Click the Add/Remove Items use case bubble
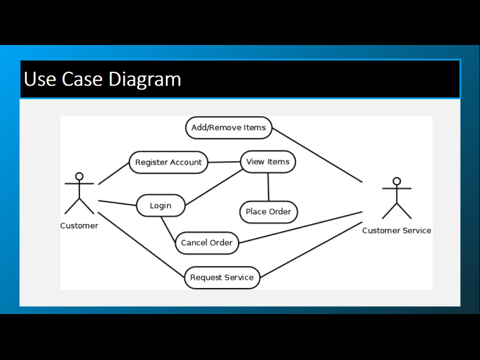tap(229, 127)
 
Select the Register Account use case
tap(168, 162)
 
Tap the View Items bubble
tap(268, 162)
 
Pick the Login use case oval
tap(160, 206)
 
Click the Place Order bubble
tap(268, 212)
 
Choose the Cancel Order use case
tap(207, 243)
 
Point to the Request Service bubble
tap(222, 277)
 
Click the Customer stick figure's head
tap(79, 176)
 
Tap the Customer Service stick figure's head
tap(397, 181)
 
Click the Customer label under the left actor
tap(79, 226)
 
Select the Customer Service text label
tap(397, 231)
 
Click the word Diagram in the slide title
tap(145, 79)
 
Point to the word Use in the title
tap(40, 79)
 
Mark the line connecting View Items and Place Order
tap(268, 187)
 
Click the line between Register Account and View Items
tap(224, 162)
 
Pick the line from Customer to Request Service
tap(141, 243)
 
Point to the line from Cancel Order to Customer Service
tap(300, 227)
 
